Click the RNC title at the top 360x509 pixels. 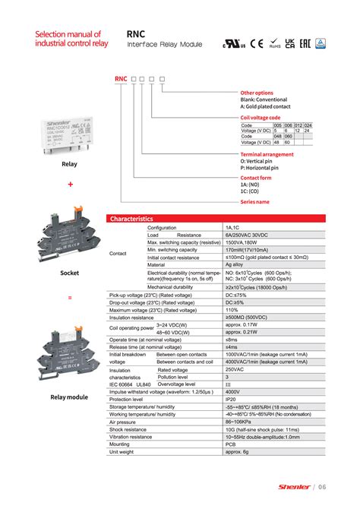[x=136, y=33]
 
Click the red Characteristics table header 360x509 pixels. [x=131, y=219]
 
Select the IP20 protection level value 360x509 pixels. [x=231, y=399]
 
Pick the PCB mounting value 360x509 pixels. [x=231, y=444]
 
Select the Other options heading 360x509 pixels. [x=257, y=93]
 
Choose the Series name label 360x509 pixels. [x=254, y=202]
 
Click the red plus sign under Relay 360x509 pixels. [x=70, y=184]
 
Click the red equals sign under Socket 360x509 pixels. [x=70, y=297]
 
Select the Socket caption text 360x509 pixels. [x=70, y=272]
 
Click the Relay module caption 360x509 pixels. [x=69, y=397]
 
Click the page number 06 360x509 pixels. [x=322, y=486]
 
